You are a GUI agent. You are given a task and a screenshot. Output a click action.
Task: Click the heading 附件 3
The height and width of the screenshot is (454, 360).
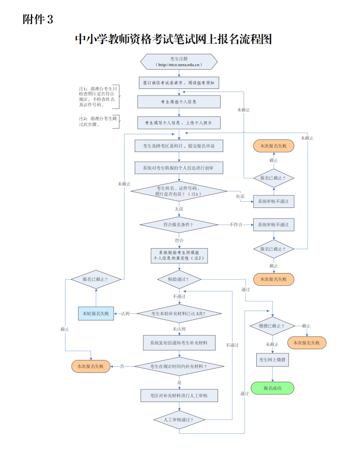click(38, 20)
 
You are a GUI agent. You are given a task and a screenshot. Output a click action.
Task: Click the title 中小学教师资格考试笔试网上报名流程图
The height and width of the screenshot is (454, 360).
click(173, 39)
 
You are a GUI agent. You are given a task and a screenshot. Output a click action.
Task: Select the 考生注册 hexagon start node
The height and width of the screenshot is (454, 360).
click(178, 62)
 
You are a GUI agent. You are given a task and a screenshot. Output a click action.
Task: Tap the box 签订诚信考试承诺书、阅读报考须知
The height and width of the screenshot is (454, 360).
click(178, 82)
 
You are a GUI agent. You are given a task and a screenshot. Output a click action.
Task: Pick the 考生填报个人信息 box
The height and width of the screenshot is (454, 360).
click(178, 102)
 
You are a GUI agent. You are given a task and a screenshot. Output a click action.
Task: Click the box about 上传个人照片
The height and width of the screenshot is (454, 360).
click(178, 123)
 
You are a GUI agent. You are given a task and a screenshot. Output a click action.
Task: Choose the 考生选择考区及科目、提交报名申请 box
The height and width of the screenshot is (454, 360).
click(178, 146)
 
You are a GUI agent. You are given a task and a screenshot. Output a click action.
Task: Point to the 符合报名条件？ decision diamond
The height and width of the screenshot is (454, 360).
click(178, 224)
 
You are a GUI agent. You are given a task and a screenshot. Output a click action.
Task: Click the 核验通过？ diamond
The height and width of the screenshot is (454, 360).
click(178, 279)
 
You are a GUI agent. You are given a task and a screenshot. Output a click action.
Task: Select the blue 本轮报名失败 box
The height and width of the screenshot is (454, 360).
click(96, 314)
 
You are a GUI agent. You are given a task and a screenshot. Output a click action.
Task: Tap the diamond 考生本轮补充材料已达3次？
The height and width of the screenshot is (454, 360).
click(178, 314)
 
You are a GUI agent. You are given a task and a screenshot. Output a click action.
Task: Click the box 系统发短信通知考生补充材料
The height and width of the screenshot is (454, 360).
click(178, 342)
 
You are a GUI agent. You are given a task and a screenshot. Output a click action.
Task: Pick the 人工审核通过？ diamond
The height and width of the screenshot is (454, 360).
click(178, 420)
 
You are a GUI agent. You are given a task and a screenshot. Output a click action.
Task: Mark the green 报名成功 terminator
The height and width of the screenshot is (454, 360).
click(273, 388)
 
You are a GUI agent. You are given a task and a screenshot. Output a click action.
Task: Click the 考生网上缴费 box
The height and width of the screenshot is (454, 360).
click(273, 359)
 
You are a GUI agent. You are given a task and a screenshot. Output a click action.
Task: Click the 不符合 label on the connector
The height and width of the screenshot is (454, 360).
click(236, 224)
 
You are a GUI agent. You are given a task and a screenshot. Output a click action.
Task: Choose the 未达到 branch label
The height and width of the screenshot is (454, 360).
click(178, 329)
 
